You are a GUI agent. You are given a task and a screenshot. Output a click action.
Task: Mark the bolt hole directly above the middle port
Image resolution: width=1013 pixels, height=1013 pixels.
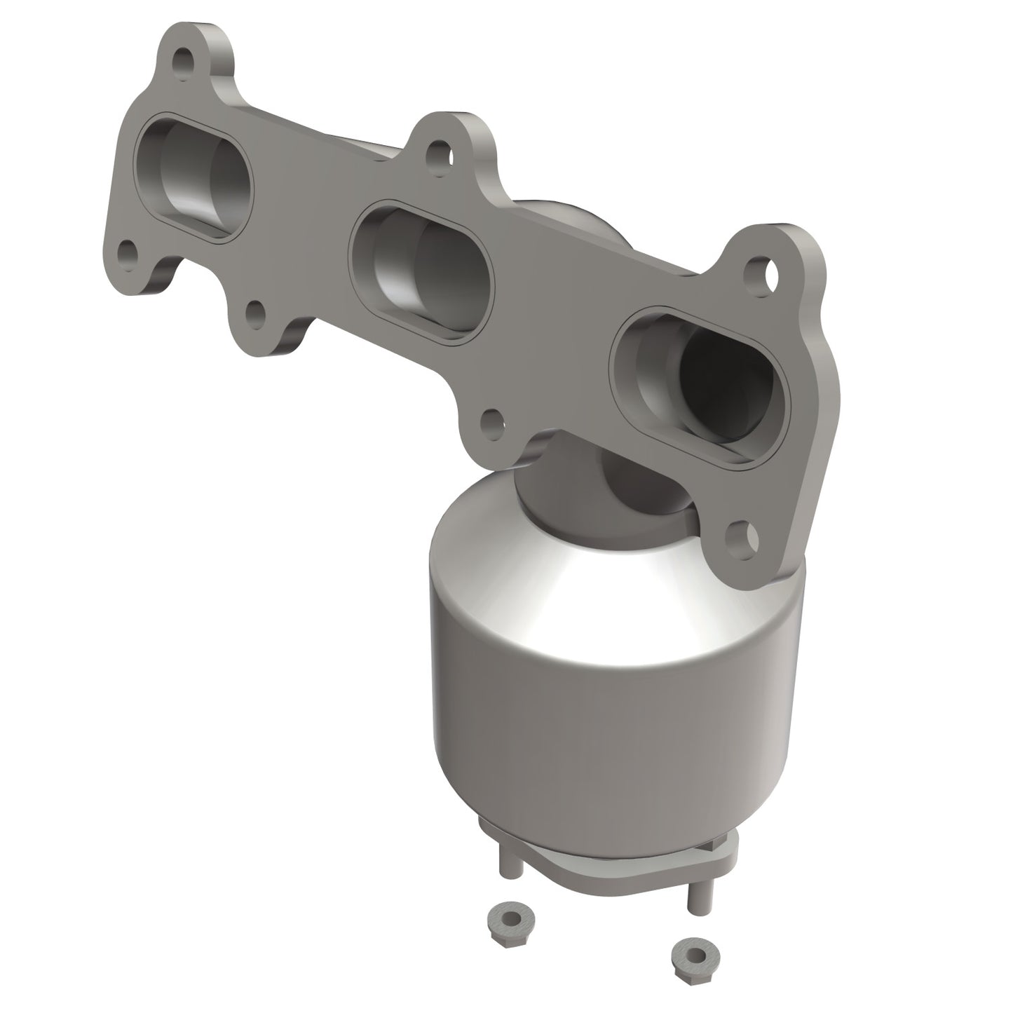(438, 151)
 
